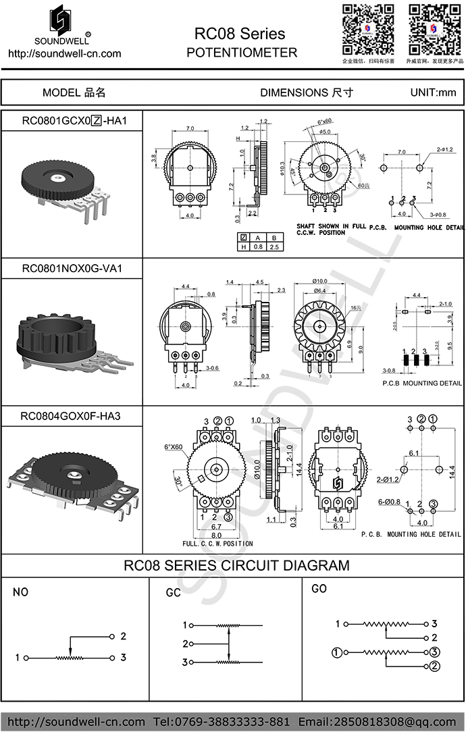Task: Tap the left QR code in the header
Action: [368, 29]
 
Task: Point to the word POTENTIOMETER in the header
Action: [242, 53]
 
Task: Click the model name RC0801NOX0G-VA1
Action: [72, 268]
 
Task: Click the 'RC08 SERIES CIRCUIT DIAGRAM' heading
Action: [237, 565]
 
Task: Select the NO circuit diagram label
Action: [21, 592]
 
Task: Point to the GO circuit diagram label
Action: [319, 589]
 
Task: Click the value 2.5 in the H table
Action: [273, 247]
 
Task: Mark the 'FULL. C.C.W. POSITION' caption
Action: [217, 543]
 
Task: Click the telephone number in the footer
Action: [222, 721]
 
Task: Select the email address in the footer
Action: [377, 721]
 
